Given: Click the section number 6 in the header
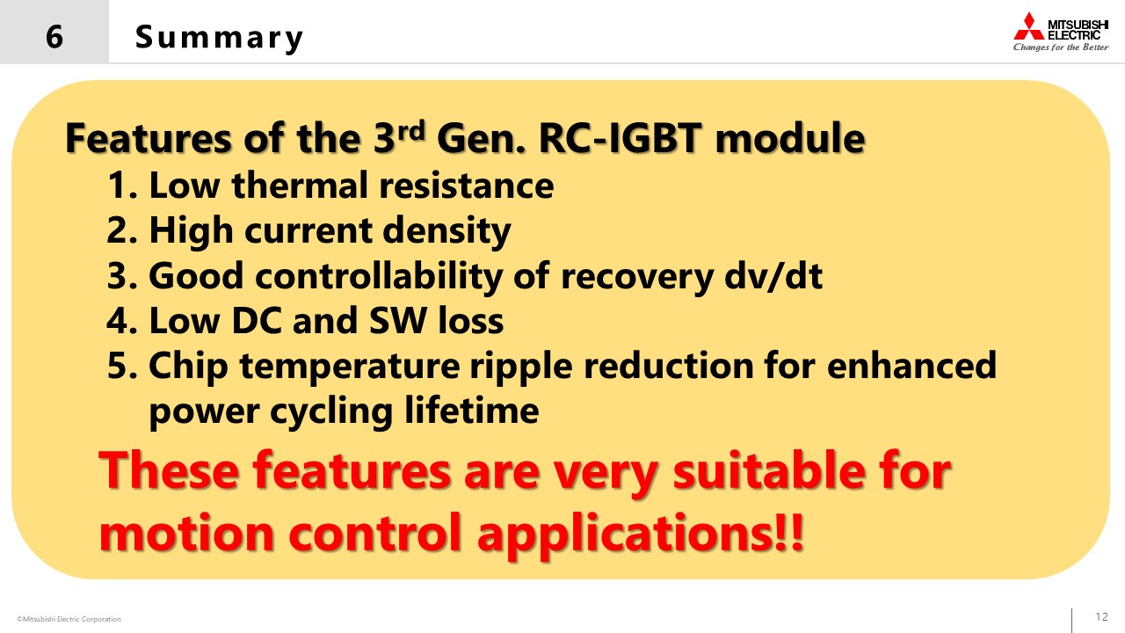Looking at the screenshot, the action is [x=54, y=37].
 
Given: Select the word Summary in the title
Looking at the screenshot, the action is [x=219, y=38].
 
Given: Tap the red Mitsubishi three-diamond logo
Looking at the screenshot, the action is [x=1028, y=26].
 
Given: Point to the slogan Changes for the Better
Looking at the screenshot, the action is [x=1061, y=47].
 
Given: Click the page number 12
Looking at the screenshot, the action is [x=1101, y=616].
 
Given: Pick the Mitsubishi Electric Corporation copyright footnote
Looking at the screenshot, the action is [x=69, y=619].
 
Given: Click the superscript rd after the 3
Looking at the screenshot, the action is [x=411, y=130].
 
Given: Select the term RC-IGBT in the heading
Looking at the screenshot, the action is [x=620, y=138].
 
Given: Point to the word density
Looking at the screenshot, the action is [x=446, y=231].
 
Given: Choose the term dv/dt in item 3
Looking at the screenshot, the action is [x=773, y=275].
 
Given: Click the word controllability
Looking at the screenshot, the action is [x=379, y=276].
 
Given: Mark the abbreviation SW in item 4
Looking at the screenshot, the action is [x=398, y=320].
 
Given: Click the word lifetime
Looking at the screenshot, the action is [x=472, y=411].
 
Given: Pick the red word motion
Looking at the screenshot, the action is [x=186, y=533].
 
